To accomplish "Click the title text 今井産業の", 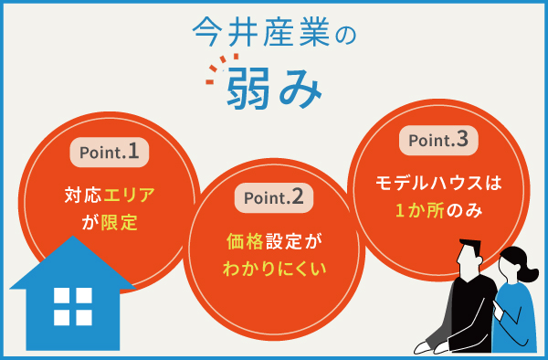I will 273,33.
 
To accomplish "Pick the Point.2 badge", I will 275,196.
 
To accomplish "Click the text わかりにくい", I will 274,270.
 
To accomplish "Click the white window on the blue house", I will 73,306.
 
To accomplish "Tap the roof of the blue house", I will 72,265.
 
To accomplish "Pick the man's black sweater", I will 466,311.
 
